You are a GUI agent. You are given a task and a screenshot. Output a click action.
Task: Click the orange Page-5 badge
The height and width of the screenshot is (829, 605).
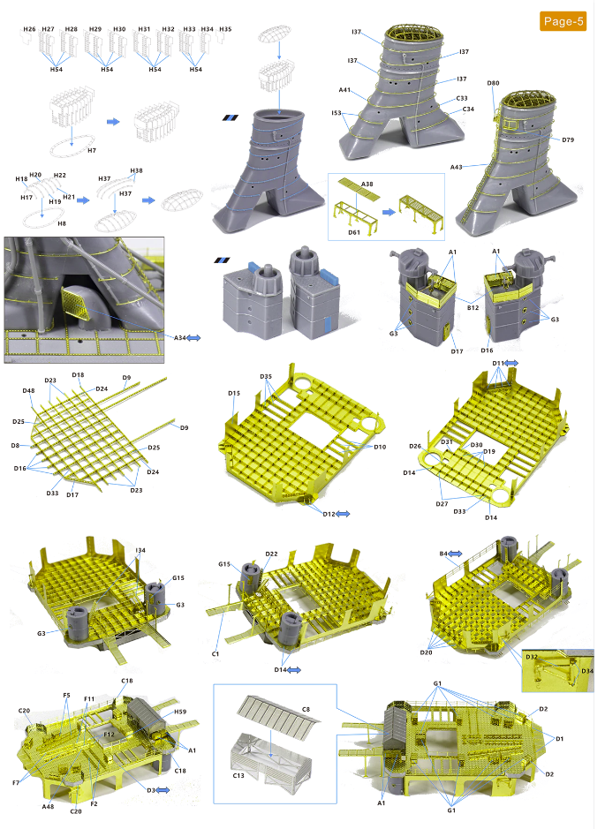click(563, 21)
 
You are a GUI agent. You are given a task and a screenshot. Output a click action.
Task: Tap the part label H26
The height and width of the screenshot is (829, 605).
click(30, 29)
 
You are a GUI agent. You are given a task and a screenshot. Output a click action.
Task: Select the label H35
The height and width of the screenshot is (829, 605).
click(225, 29)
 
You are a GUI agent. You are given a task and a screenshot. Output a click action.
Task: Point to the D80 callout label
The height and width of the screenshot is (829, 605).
click(493, 83)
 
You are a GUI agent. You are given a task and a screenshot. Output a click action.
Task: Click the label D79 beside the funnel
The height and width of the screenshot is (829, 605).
click(568, 140)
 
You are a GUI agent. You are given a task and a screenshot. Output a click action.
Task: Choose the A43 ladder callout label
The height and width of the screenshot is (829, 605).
click(457, 167)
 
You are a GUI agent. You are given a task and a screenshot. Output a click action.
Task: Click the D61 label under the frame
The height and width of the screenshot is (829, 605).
click(354, 232)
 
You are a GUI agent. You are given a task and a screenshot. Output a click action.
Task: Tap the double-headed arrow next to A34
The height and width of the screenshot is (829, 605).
click(193, 337)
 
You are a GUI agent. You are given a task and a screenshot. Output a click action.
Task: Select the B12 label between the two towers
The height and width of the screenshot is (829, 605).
click(473, 307)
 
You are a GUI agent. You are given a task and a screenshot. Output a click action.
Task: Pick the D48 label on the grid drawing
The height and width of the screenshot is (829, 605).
click(28, 391)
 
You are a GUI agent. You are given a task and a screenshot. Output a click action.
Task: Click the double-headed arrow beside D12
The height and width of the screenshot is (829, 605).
click(343, 514)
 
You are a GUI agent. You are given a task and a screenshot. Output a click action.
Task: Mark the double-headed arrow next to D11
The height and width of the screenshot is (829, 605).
click(511, 363)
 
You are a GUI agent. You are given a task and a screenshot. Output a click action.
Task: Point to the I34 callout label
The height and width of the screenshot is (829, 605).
click(140, 550)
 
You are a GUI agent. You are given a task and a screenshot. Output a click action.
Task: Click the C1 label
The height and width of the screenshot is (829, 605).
click(216, 654)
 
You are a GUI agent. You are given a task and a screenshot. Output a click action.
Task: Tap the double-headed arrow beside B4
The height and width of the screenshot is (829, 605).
click(455, 554)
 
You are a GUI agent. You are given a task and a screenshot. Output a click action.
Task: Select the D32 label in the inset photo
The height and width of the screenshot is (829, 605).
click(532, 657)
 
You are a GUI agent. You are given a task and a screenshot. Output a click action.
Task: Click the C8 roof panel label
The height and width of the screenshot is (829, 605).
click(306, 710)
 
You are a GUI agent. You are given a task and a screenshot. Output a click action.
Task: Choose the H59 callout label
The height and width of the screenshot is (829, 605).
click(180, 712)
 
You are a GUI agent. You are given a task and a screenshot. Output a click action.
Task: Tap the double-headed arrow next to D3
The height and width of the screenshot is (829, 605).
click(163, 790)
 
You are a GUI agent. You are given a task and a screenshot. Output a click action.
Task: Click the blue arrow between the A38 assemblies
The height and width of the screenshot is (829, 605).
click(389, 212)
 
